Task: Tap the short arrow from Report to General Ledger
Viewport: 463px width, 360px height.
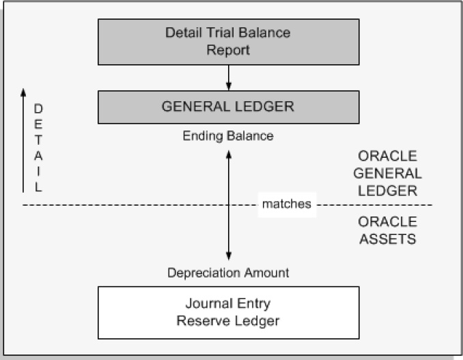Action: click(x=229, y=77)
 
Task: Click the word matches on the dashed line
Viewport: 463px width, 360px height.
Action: click(x=287, y=204)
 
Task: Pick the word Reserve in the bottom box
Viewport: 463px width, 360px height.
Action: click(x=199, y=320)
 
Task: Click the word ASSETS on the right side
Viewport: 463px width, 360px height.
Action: click(x=387, y=239)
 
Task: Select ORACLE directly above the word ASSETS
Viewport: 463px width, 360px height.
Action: click(x=387, y=223)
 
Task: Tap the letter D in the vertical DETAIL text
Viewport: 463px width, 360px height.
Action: click(x=38, y=109)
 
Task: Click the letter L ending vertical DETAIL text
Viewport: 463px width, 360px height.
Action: click(x=38, y=187)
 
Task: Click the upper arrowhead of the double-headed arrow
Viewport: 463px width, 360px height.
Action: click(x=229, y=155)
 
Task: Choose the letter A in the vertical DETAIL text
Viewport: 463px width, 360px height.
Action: click(x=38, y=156)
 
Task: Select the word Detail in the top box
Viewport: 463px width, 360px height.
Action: click(x=181, y=33)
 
